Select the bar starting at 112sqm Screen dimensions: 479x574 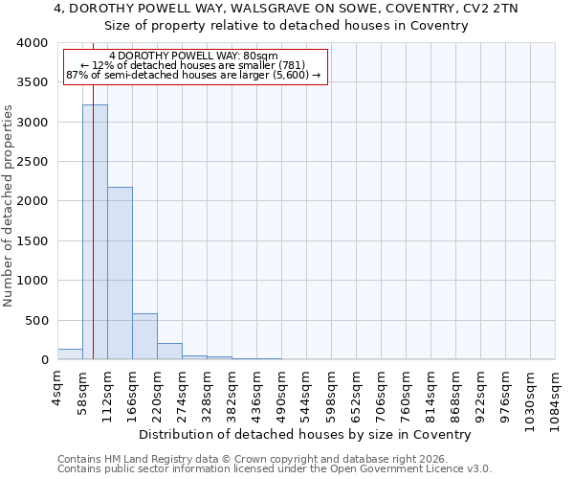tap(120, 273)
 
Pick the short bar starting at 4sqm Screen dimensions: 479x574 tap(70, 354)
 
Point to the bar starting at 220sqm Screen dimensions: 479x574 tap(169, 351)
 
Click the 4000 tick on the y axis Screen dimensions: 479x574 tap(34, 43)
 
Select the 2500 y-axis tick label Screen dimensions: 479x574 tap(34, 162)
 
